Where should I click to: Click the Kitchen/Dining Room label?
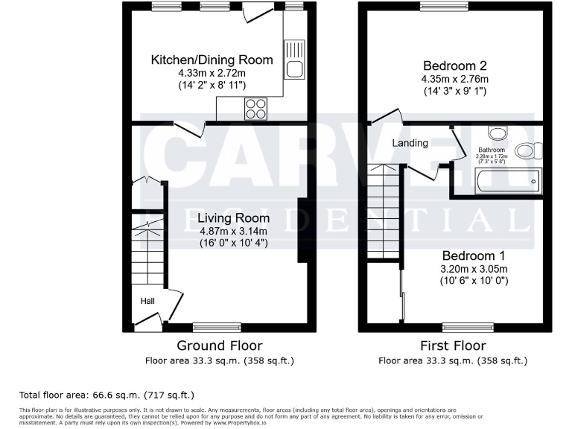coord(212,60)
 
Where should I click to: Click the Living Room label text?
coord(233,218)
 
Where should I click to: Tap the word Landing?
coord(410,143)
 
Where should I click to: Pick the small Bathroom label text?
coord(492,150)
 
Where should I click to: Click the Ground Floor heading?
coord(219,346)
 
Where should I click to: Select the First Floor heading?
coord(453,346)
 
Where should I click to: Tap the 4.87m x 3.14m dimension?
coord(233,231)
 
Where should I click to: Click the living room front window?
coord(217,326)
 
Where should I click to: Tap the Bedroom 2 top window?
coord(444,6)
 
